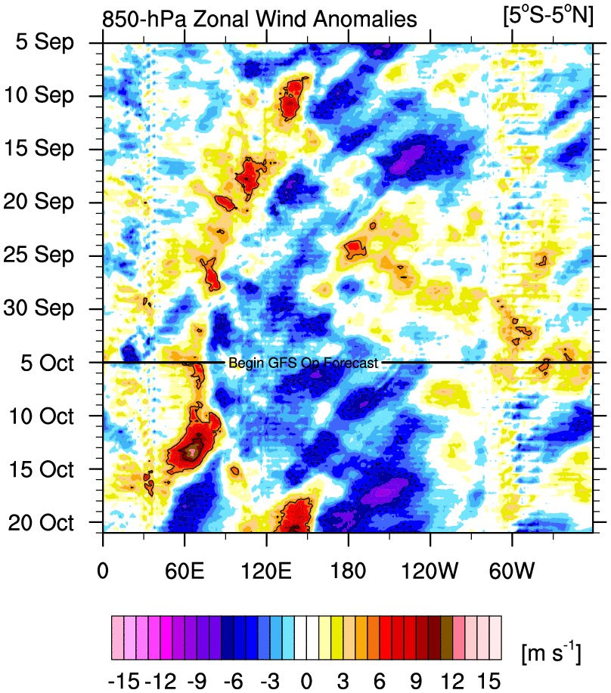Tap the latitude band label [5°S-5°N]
pos(547,17)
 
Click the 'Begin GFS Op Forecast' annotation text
pos(302,364)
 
